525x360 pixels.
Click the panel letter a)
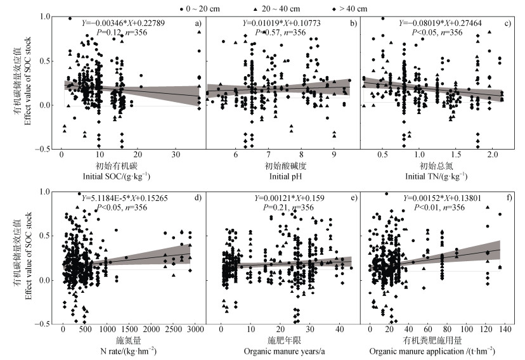click(198, 24)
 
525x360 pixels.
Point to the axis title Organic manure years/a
click(283, 350)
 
